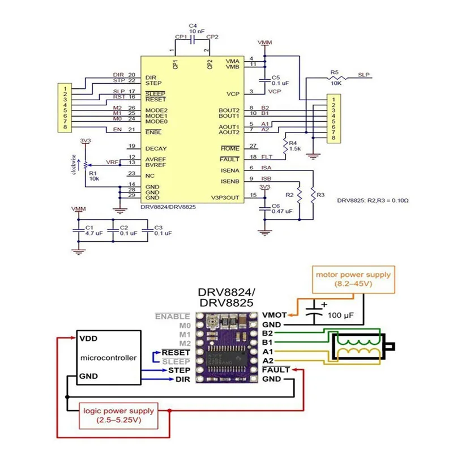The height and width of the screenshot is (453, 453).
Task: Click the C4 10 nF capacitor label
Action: point(193,29)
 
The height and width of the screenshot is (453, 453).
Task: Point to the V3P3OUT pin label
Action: point(226,197)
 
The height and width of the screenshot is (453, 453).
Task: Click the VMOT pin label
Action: point(275,315)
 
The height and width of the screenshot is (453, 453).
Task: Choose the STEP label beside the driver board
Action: point(179,370)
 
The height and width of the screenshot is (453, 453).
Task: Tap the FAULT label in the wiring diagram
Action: point(276,369)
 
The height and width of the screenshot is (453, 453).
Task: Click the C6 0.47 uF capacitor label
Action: point(281,208)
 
